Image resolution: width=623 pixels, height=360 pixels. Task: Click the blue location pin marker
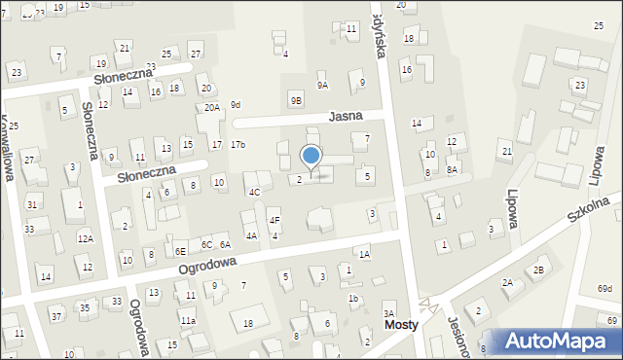pyautogui.click(x=311, y=157)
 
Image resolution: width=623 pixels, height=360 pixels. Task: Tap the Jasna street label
pyautogui.click(x=345, y=115)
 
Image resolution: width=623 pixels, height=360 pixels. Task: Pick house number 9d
pyautogui.click(x=235, y=105)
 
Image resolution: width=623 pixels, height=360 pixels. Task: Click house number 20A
pyautogui.click(x=211, y=108)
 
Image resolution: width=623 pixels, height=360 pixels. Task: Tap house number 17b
pyautogui.click(x=238, y=145)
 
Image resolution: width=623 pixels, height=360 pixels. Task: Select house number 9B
pyautogui.click(x=296, y=100)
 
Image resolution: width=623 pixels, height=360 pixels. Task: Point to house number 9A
pyautogui.click(x=322, y=86)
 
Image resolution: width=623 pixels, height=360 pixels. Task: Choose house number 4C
pyautogui.click(x=254, y=192)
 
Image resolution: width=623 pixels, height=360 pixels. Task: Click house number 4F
pyautogui.click(x=275, y=221)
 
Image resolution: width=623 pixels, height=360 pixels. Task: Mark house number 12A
pyautogui.click(x=86, y=238)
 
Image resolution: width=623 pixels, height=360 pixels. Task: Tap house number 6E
pyautogui.click(x=180, y=252)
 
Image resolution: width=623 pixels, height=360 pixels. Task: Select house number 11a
pyautogui.click(x=188, y=320)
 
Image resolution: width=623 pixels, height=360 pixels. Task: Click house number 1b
pyautogui.click(x=353, y=299)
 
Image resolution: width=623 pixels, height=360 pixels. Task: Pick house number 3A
pyautogui.click(x=387, y=313)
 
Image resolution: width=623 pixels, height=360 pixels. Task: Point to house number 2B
pyautogui.click(x=538, y=270)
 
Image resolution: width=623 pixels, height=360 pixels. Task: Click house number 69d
pyautogui.click(x=605, y=289)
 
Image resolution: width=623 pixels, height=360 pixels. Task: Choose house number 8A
pyautogui.click(x=452, y=169)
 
